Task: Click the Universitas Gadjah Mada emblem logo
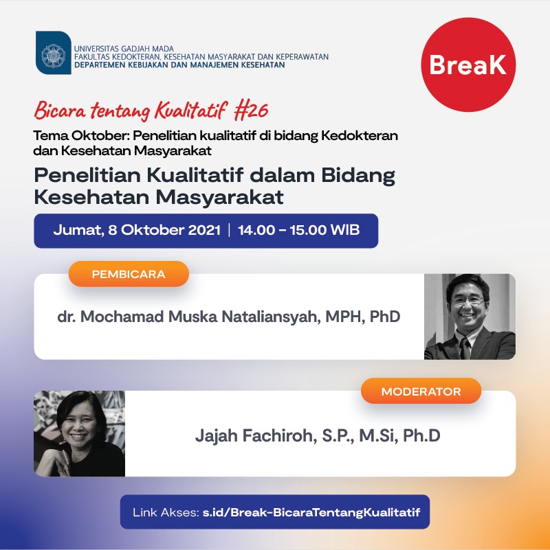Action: point(53,53)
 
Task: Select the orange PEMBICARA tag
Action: point(129,274)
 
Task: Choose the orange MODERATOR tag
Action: point(421,391)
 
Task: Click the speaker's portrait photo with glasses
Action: point(470,317)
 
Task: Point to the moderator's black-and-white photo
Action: point(80,433)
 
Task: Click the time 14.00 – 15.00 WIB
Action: point(298,230)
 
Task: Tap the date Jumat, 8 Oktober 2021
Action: point(137,230)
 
